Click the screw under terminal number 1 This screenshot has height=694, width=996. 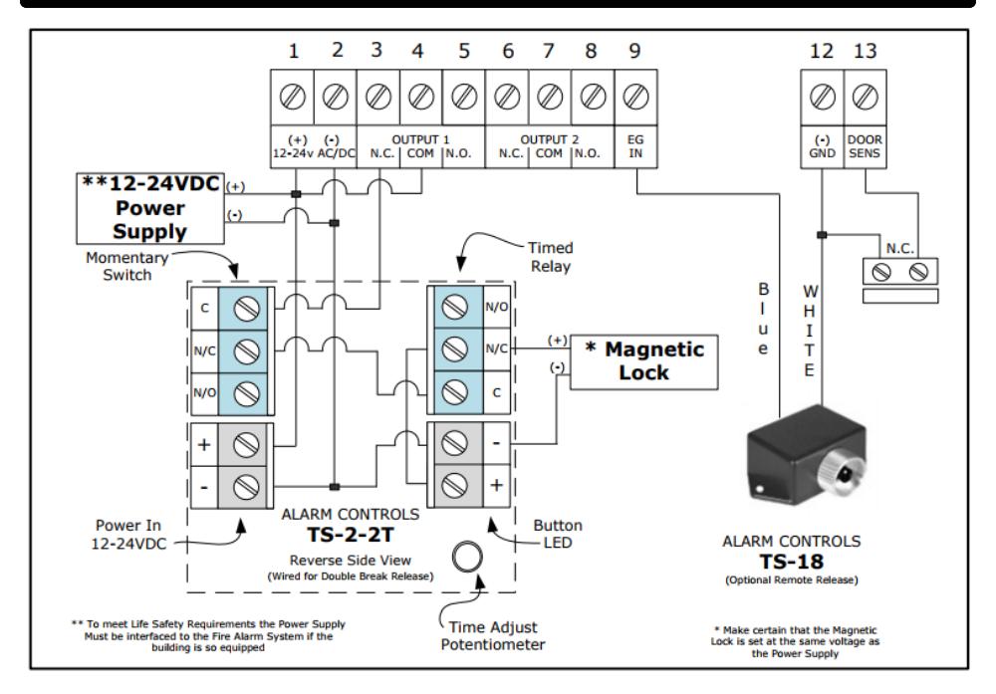292,97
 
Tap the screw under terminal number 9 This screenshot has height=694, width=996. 635,97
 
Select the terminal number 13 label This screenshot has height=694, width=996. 866,51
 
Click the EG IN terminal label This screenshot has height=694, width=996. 635,146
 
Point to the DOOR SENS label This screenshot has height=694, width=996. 865,146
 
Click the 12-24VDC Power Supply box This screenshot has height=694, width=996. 150,208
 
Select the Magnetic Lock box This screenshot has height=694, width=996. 644,361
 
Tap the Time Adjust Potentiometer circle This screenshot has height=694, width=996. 467,557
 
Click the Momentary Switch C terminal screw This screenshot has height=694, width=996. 246,309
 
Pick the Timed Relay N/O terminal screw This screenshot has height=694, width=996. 455,308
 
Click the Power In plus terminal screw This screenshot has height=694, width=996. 246,444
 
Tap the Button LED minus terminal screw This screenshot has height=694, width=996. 455,443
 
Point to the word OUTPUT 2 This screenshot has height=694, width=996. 550,139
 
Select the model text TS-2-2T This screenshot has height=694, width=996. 351,536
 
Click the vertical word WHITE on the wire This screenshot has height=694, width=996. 809,331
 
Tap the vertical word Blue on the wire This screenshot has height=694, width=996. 763,318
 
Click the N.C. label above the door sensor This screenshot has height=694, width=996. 900,248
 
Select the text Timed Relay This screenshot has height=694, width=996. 550,257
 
